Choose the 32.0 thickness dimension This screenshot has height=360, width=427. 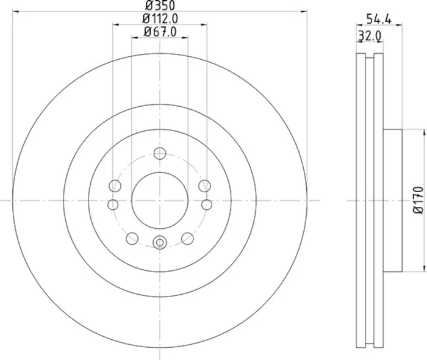point(370,36)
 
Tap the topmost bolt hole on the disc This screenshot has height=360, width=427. point(160,153)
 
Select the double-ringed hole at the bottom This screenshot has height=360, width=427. point(160,242)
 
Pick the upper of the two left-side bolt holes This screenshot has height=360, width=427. point(114,185)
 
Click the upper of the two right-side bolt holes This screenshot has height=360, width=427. point(205,185)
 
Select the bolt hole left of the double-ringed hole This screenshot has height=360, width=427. point(132,237)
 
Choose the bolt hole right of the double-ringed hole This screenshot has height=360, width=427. point(188,237)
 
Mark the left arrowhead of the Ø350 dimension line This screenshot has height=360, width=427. point(15,12)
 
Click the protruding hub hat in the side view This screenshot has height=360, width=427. point(393,200)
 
